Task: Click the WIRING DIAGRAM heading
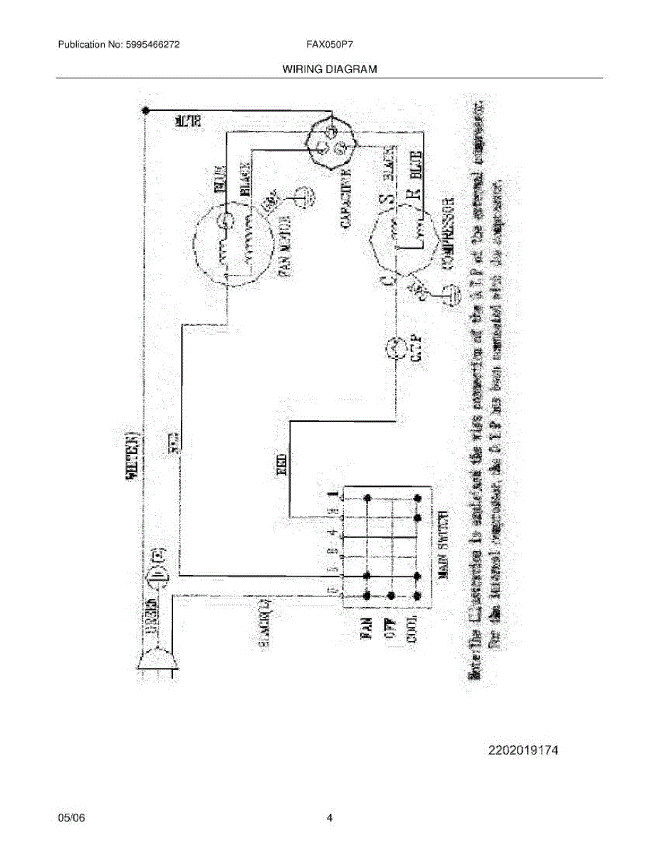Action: click(x=330, y=69)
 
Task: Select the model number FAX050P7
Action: click(x=330, y=44)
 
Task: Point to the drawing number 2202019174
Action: click(x=523, y=750)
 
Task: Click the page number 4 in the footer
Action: click(x=330, y=818)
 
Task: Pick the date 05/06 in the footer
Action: click(x=71, y=818)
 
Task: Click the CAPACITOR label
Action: click(x=347, y=199)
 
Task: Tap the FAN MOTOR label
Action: click(x=284, y=242)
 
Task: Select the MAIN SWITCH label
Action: click(x=442, y=546)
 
